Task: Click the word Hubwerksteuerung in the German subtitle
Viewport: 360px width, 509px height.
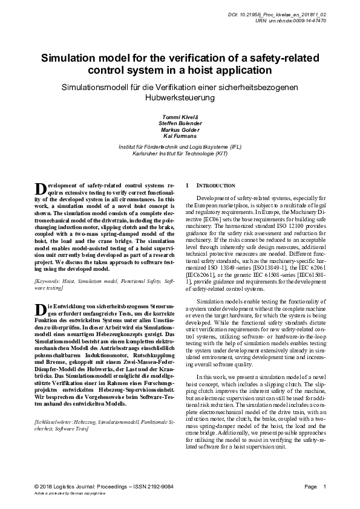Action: click(x=180, y=97)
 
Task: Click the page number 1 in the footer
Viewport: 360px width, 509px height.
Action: click(x=325, y=487)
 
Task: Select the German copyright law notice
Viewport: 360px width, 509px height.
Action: click(x=67, y=494)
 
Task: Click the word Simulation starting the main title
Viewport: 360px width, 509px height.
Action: click(x=77, y=59)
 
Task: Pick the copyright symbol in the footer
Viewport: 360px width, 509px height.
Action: click(x=38, y=487)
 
